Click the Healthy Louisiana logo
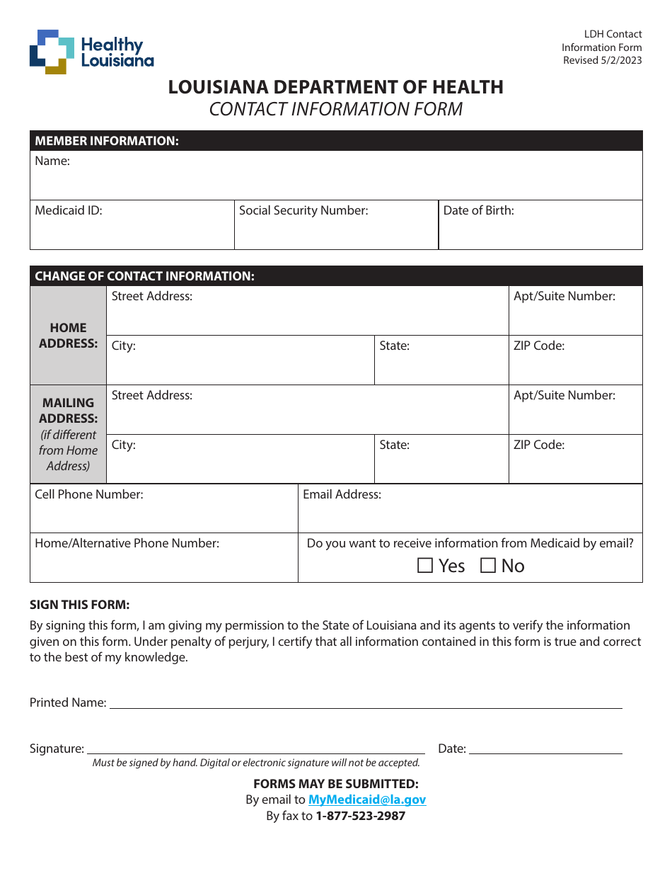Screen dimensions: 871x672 coord(91,52)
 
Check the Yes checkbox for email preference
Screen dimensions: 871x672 coord(425,566)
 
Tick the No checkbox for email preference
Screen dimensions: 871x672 coord(488,566)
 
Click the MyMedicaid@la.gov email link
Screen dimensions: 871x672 coord(367,799)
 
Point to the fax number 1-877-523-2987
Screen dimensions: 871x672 coord(360,816)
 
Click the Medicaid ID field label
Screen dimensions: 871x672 coord(69,210)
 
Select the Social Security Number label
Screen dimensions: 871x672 coord(303,210)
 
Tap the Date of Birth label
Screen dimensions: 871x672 coord(478,210)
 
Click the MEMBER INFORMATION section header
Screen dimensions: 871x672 coord(107,141)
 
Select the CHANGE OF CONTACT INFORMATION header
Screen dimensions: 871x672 coord(144,276)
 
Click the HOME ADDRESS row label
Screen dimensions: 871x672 coord(68,336)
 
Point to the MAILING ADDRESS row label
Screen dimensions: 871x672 coord(68,411)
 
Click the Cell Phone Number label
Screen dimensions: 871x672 coord(89,494)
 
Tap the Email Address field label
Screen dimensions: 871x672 coord(342,494)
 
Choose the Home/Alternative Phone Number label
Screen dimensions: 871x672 coord(127,543)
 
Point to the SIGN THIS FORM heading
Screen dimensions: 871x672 coord(79,605)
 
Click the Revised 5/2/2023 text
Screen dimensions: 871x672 coord(602,60)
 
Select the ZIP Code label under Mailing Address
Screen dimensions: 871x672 coord(539,445)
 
